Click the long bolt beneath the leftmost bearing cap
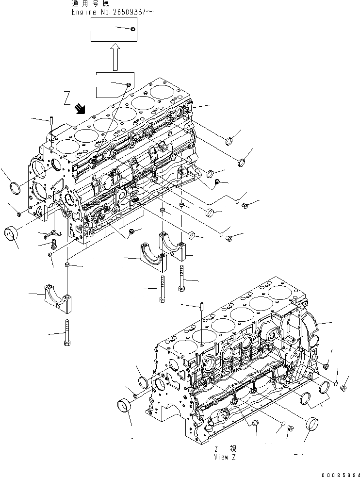[x=66, y=333]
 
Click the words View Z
[x=224, y=457]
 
